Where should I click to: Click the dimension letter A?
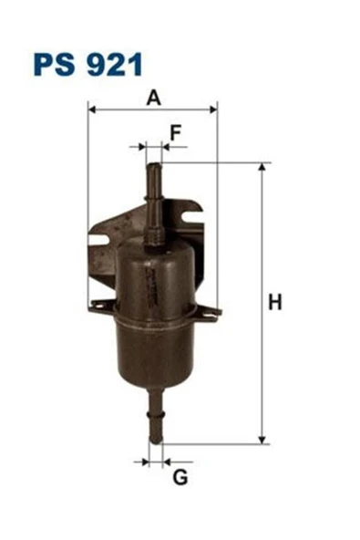pos(153,98)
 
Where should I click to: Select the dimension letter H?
pos(274,303)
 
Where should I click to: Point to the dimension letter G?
pos(180,477)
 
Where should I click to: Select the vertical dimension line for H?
pos(262,274)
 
